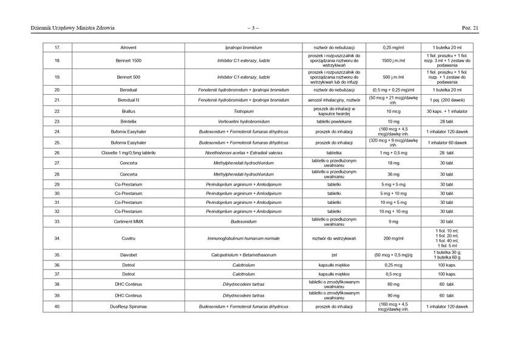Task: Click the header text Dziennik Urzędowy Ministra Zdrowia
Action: coord(72,27)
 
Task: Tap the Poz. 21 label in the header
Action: coord(470,27)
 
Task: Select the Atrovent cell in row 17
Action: coord(129,47)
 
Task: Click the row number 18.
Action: coord(57,61)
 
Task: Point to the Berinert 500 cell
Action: coord(129,77)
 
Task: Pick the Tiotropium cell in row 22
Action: coord(243,112)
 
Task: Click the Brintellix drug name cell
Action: coord(129,121)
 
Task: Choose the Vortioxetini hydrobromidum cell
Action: coord(243,121)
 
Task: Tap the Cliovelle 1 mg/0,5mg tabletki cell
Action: coord(129,153)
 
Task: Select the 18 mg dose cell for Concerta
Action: coord(393,163)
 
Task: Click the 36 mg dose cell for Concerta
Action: coord(393,174)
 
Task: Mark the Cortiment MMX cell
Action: coord(129,222)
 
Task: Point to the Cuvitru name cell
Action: coord(129,239)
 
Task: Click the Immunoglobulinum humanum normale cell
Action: coord(243,239)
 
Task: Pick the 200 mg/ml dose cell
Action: coord(393,239)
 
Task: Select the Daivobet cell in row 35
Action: coord(129,255)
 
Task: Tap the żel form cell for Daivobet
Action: coord(334,255)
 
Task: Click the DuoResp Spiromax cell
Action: coord(129,307)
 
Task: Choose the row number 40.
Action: coord(57,307)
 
